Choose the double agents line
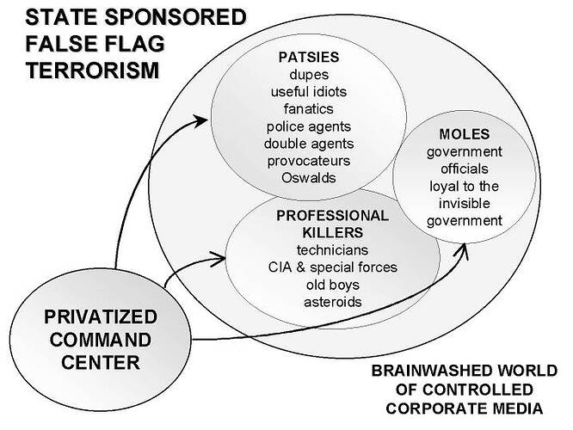point(308,143)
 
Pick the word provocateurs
point(308,160)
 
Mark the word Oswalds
point(308,177)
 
